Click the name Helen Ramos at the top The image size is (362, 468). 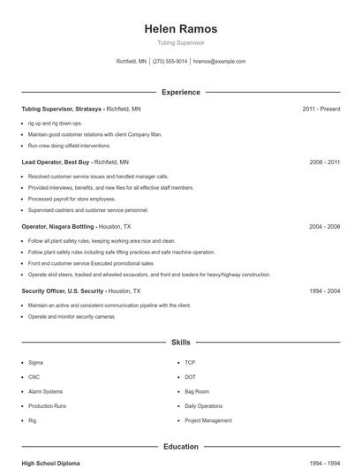(x=181, y=29)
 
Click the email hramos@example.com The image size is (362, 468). (x=219, y=62)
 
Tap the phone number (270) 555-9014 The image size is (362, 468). (x=170, y=62)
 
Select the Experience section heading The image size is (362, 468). (x=181, y=92)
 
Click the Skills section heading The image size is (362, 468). (x=181, y=342)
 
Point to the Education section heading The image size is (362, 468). (x=181, y=447)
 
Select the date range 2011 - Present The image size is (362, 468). (x=321, y=109)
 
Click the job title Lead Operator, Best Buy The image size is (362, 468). (x=57, y=162)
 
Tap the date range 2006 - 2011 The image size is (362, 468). (x=324, y=162)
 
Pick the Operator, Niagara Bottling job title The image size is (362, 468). (x=58, y=227)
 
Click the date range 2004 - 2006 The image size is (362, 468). (x=324, y=227)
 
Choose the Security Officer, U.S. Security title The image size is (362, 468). (x=63, y=291)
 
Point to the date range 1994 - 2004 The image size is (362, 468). (x=324, y=291)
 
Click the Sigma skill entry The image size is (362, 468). (x=35, y=363)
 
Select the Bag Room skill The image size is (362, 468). (x=197, y=391)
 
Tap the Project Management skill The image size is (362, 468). (x=207, y=420)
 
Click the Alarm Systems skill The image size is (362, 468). (x=45, y=391)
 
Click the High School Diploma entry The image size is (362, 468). (x=50, y=463)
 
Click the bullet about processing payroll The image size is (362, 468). (x=72, y=199)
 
